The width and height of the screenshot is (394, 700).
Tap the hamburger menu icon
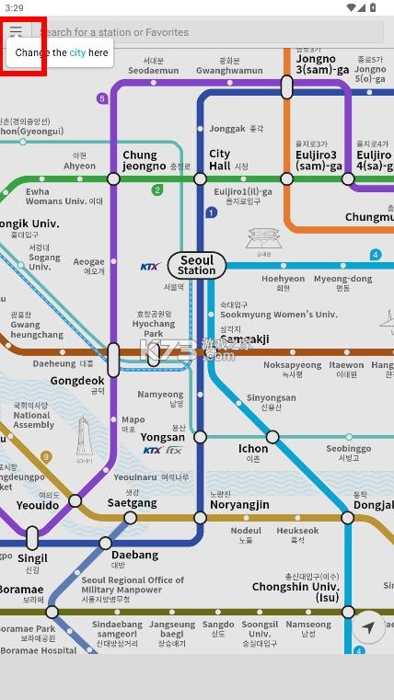point(16,31)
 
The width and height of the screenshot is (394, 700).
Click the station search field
point(212,32)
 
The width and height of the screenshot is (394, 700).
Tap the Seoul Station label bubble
point(196,266)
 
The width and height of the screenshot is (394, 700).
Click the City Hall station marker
point(200,178)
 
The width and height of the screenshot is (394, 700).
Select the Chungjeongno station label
point(140,161)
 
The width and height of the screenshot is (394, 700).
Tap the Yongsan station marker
point(200,437)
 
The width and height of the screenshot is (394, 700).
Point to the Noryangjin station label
point(238,505)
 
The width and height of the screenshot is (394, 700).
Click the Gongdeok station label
point(77,380)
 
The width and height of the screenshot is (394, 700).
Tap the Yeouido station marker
point(75,501)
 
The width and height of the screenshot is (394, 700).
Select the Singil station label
point(32,558)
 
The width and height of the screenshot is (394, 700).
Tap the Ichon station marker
point(272,437)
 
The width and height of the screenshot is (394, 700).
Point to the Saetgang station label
point(125,502)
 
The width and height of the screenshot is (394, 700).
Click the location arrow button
point(367,627)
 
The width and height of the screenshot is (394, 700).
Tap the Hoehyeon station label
point(283,279)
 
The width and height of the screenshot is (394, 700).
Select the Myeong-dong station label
point(342,279)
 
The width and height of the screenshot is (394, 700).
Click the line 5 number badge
point(102,98)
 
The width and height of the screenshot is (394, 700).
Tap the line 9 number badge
point(46,457)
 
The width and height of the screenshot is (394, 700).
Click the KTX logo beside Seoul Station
point(150,267)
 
